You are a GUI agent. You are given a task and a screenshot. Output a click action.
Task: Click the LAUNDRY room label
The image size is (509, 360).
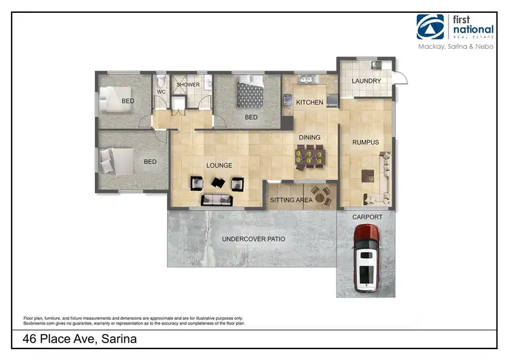(x=366, y=81)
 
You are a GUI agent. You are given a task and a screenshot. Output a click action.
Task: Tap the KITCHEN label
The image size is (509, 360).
(x=309, y=103)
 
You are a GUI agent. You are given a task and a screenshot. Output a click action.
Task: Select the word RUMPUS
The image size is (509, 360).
(x=365, y=142)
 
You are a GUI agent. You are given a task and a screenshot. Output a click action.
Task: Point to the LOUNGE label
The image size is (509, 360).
(x=219, y=165)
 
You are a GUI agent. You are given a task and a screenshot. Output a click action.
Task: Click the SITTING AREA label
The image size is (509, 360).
(x=291, y=200)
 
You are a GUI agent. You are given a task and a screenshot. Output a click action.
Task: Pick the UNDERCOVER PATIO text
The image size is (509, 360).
(x=254, y=239)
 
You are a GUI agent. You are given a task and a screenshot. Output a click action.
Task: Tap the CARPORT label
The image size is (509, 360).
(x=367, y=217)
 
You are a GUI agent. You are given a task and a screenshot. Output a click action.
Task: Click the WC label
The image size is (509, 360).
(x=162, y=92)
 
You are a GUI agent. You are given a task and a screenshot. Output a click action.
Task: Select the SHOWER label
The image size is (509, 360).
(x=188, y=85)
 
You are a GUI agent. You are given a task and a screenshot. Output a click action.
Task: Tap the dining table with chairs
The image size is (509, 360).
(x=309, y=157)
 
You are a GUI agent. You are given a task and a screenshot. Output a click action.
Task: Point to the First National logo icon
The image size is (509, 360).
(x=430, y=27)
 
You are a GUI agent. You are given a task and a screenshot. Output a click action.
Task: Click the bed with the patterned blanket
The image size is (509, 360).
(x=249, y=91)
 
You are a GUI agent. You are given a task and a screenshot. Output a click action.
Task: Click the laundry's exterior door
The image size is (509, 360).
(x=400, y=76)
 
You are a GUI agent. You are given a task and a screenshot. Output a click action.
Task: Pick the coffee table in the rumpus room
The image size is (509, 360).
(x=369, y=175)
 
